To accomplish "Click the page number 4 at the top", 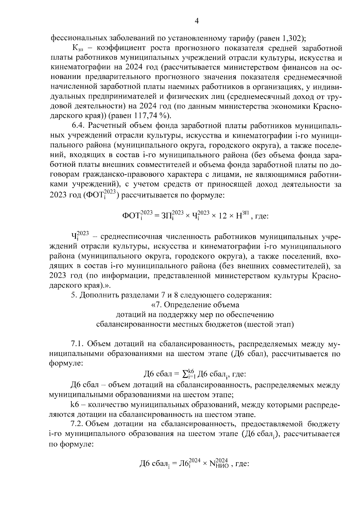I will point(196,21).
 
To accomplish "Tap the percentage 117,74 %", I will point(151,115).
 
